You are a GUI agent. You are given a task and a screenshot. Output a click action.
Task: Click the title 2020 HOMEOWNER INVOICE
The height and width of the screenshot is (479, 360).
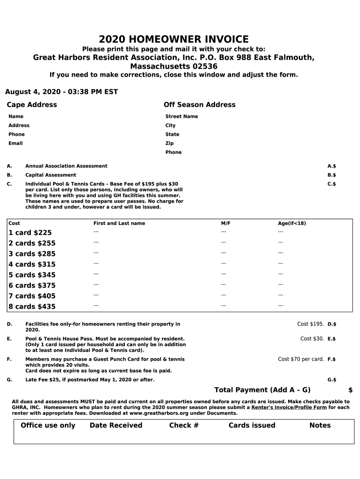click(173, 40)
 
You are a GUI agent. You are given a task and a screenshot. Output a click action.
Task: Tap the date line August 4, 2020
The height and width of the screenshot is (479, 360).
click(61, 92)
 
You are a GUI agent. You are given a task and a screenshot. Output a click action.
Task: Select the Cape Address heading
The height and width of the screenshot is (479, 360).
click(32, 105)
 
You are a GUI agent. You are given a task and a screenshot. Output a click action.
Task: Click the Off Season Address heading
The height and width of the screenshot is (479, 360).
click(199, 105)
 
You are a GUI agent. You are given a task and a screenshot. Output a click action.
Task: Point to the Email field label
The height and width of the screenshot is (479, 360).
click(15, 143)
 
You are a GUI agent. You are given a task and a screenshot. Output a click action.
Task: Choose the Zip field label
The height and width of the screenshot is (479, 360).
click(169, 143)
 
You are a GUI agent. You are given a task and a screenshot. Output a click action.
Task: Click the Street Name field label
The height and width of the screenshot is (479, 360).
click(181, 116)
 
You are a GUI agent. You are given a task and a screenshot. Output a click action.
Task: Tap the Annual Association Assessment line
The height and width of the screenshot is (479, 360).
click(66, 166)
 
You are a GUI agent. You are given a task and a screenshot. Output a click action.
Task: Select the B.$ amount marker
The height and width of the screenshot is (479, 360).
click(331, 175)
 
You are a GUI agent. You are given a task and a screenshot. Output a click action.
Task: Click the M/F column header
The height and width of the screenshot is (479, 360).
click(225, 224)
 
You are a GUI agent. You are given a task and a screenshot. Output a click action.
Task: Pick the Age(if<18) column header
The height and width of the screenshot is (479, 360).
click(292, 224)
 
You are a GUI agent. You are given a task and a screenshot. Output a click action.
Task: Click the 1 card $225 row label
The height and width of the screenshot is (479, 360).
click(30, 232)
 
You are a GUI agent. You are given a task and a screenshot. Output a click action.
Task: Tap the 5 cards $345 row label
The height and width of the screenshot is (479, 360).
click(32, 275)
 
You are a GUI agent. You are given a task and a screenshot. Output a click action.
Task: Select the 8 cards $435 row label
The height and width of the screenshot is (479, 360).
click(32, 306)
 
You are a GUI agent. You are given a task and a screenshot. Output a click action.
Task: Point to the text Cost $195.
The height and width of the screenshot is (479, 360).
click(310, 324)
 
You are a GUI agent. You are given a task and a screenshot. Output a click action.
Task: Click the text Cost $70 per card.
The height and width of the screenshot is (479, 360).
click(301, 359)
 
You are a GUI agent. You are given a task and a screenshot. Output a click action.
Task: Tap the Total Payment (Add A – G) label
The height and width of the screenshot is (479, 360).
click(262, 390)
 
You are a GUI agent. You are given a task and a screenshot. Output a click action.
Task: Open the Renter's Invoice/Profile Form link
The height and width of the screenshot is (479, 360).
click(289, 407)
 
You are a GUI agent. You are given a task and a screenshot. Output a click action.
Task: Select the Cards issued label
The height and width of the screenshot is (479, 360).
click(252, 425)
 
